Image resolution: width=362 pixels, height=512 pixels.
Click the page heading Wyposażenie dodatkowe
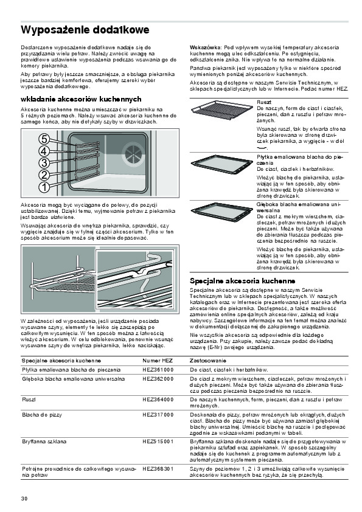[85, 30]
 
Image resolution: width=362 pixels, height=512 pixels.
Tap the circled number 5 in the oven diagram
[44, 139]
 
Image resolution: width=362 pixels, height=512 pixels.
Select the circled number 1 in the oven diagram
[44, 187]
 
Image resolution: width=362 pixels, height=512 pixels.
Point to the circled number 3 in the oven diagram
[44, 163]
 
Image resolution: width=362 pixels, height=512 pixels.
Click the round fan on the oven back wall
[134, 154]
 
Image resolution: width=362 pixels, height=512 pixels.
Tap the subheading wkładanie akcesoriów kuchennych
[81, 99]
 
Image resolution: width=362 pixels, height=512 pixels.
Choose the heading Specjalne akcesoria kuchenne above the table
[242, 281]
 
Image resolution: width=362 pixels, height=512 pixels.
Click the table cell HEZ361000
[158, 370]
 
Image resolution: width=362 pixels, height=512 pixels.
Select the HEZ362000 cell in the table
[158, 379]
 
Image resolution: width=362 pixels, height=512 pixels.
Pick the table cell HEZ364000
[158, 400]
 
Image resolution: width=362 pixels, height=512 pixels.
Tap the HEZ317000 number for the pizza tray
[158, 415]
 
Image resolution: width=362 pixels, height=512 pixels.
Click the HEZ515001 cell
[158, 441]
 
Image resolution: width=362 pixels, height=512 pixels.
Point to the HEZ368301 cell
[158, 469]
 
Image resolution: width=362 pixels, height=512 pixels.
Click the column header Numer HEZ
[158, 361]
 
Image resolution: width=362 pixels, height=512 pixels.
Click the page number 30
[24, 499]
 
